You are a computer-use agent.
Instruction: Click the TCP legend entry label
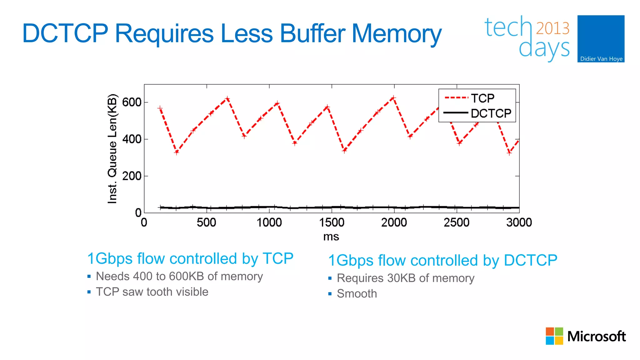tap(482, 98)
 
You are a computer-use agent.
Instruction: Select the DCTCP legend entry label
tap(491, 113)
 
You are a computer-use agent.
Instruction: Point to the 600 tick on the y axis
tap(132, 102)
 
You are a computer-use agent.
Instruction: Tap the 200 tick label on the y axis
tap(132, 176)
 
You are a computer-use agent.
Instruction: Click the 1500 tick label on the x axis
tap(332, 222)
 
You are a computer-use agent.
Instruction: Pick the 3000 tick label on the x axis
tap(519, 222)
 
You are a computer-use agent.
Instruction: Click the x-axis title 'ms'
tap(331, 237)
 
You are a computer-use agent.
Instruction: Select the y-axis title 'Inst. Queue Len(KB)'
tap(112, 149)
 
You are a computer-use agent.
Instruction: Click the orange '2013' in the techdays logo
tap(552, 28)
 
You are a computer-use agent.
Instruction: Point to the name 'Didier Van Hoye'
tap(601, 59)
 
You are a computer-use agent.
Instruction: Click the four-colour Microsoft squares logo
tap(554, 336)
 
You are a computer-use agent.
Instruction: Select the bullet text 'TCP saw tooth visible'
tap(152, 292)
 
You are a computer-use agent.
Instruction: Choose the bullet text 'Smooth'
tap(357, 294)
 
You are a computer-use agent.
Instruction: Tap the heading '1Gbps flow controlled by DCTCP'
tap(442, 260)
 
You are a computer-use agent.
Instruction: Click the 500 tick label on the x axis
tap(206, 222)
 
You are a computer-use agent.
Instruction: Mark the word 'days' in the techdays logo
tap(544, 49)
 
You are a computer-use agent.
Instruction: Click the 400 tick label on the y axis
tap(132, 139)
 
